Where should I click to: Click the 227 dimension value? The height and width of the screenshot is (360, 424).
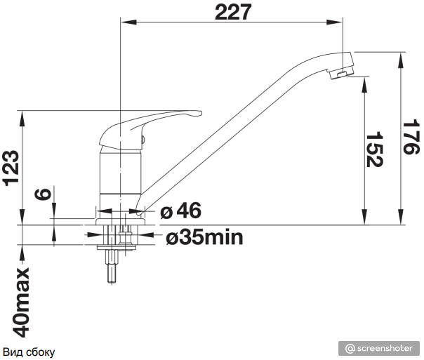click(233, 12)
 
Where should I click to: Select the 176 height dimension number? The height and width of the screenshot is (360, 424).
click(411, 138)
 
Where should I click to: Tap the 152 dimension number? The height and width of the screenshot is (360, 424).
click(374, 149)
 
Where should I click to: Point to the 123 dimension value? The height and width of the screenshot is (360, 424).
click(11, 168)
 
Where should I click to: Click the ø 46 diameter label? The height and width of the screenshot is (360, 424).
click(181, 211)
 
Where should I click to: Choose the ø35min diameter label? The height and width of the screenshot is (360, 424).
click(204, 238)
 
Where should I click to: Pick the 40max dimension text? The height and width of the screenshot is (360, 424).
click(21, 302)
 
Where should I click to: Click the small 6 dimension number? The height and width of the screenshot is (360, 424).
click(43, 194)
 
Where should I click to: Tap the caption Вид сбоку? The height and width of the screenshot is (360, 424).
click(29, 352)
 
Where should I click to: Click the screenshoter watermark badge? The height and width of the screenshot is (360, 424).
click(379, 348)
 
